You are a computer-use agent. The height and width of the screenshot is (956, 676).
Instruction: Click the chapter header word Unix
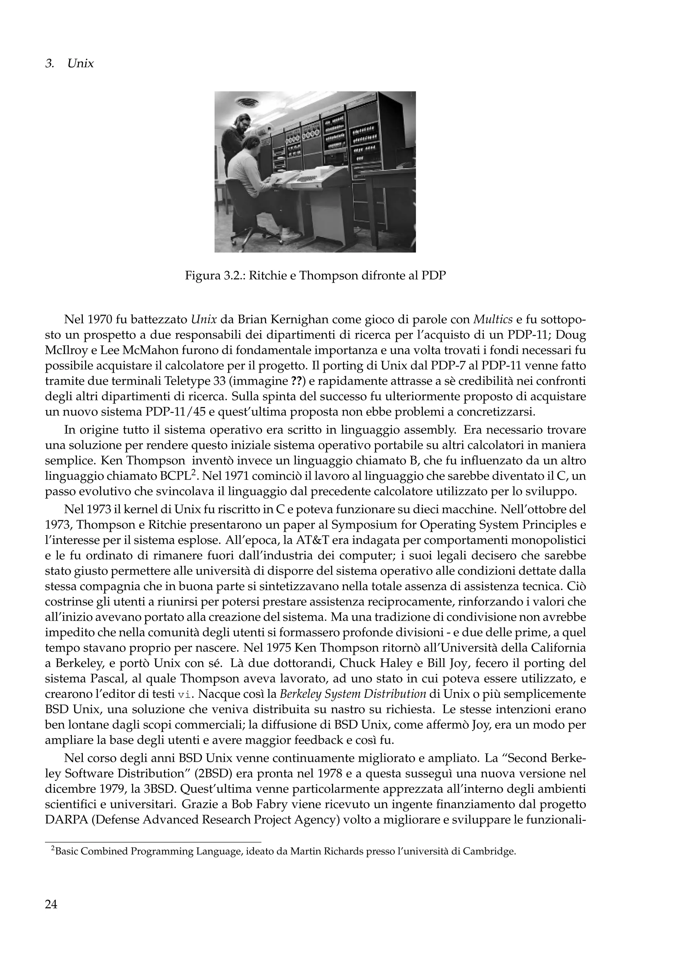pyautogui.click(x=81, y=64)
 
